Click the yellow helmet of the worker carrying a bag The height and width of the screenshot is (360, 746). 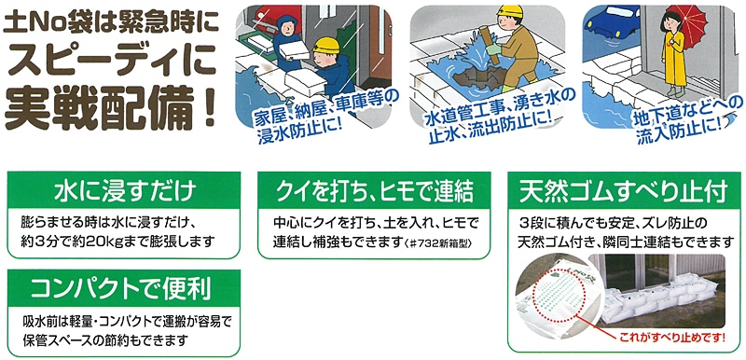(326, 46)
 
